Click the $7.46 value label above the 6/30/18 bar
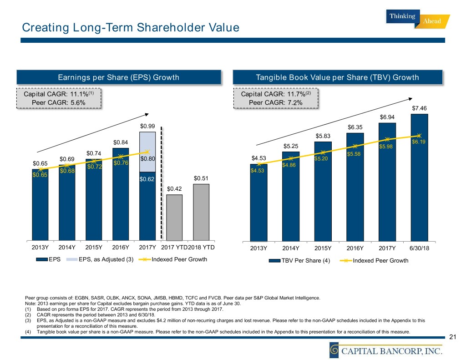[x=419, y=108]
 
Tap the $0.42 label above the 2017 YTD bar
[x=174, y=188]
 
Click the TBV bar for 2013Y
[x=258, y=202]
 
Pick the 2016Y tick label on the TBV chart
[x=355, y=248]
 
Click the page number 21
[x=452, y=337]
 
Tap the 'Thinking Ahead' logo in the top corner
[x=418, y=20]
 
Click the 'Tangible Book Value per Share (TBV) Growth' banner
[x=337, y=77]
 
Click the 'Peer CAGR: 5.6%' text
[x=59, y=102]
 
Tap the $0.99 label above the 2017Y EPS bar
[x=147, y=126]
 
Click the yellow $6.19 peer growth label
[x=419, y=142]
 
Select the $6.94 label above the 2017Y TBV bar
[x=387, y=117]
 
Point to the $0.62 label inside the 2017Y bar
[x=147, y=179]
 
